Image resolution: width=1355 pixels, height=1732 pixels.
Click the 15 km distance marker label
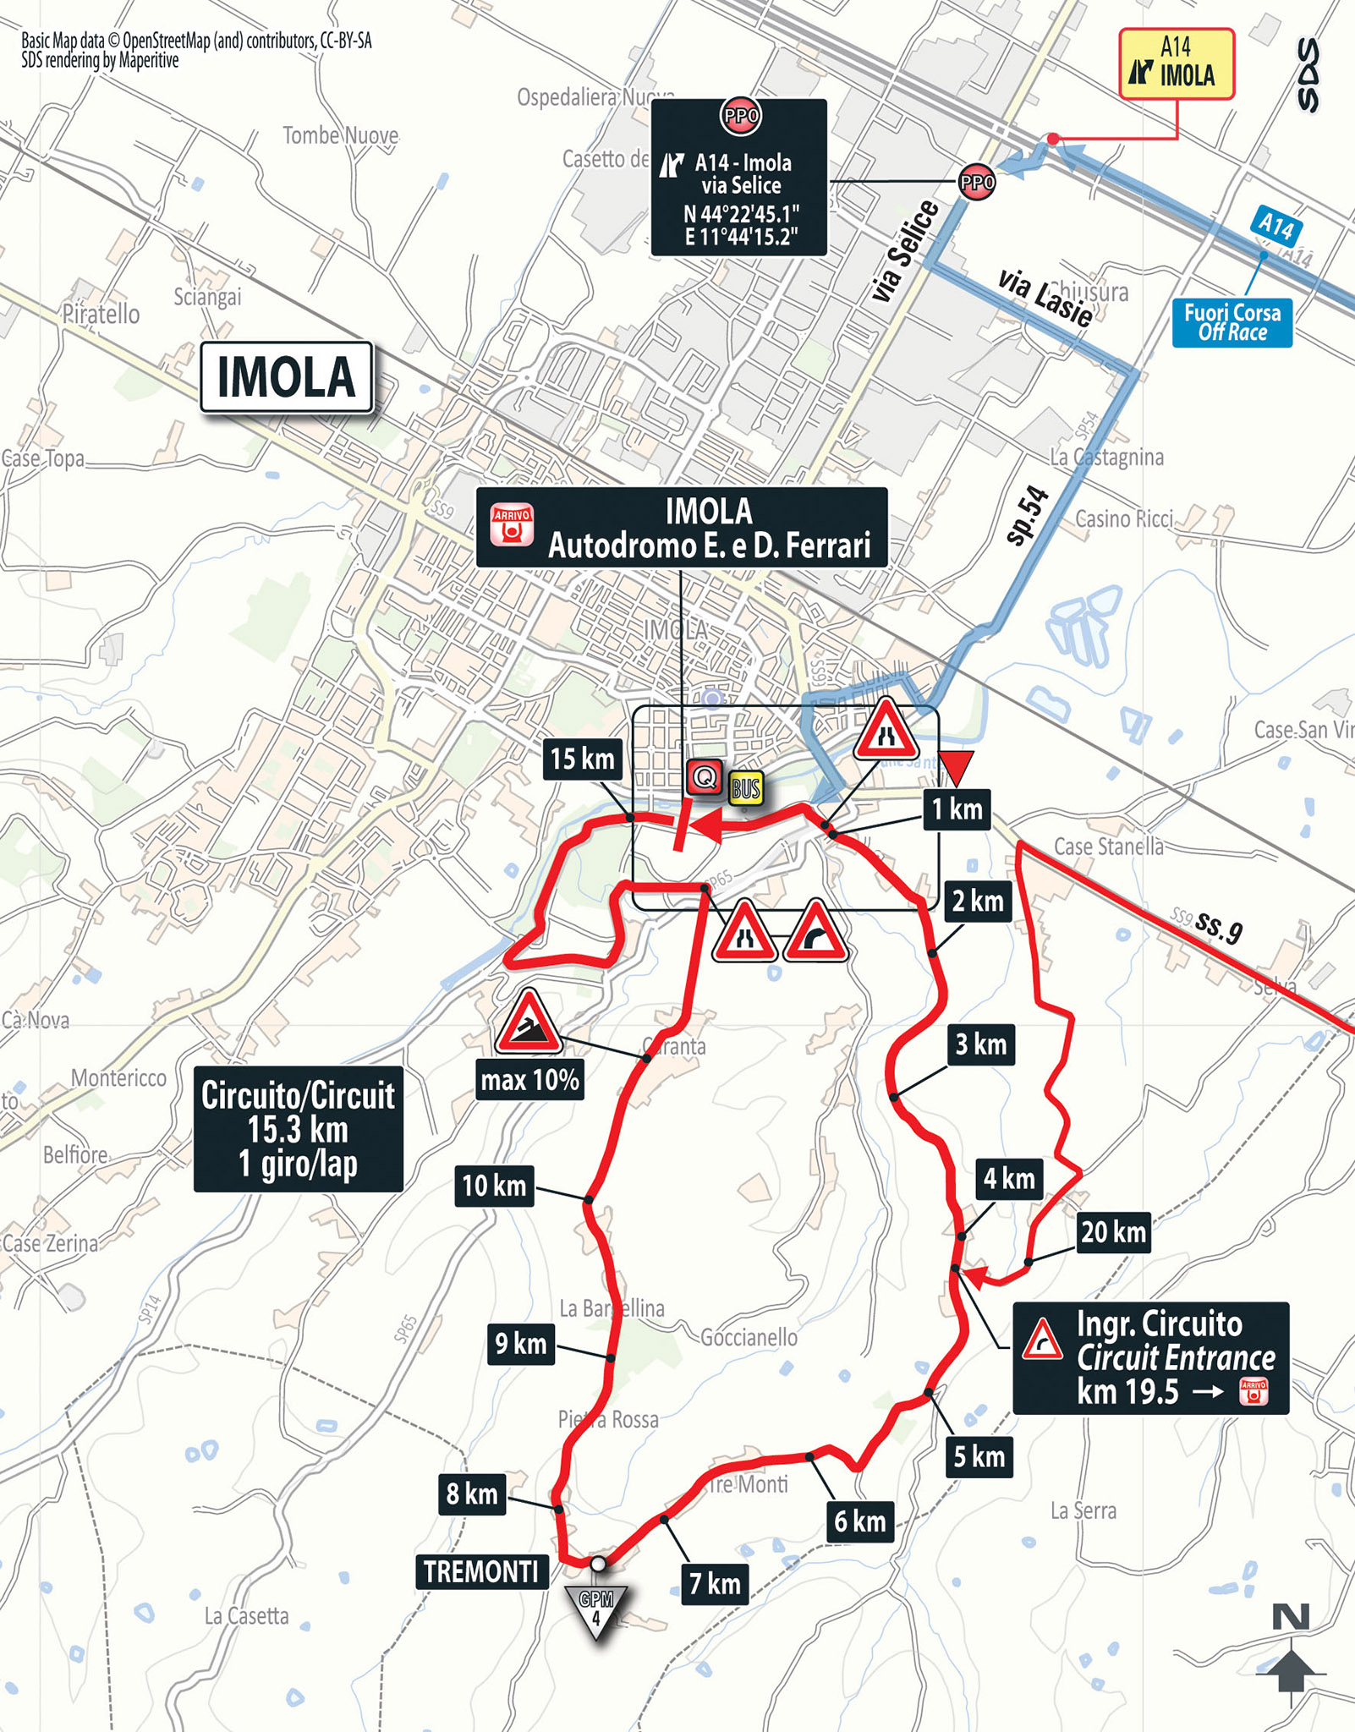[582, 759]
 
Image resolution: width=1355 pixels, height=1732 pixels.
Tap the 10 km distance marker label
[494, 1186]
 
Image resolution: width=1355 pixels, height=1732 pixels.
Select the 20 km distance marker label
[1113, 1232]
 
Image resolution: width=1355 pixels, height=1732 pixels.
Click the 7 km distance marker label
[715, 1583]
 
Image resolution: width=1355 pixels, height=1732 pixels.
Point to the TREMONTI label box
[481, 1571]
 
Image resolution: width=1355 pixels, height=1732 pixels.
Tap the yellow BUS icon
[746, 789]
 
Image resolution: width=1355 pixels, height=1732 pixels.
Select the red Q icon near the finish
[704, 776]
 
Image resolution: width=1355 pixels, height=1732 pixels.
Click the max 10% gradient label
[529, 1080]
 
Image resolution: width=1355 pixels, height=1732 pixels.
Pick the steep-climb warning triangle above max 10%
[529, 1024]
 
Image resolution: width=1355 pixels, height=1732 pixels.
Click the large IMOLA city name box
[286, 377]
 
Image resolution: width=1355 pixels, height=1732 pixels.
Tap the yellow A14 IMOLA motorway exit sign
[1177, 63]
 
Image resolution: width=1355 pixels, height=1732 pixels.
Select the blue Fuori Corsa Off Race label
[1232, 322]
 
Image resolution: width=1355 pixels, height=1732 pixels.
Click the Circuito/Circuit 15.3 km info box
[298, 1129]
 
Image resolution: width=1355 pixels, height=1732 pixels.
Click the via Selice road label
[905, 251]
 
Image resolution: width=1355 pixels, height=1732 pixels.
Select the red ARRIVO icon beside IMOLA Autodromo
[513, 525]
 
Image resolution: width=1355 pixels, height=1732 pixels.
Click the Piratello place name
[101, 315]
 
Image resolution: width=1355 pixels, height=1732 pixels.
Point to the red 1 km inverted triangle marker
[957, 766]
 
